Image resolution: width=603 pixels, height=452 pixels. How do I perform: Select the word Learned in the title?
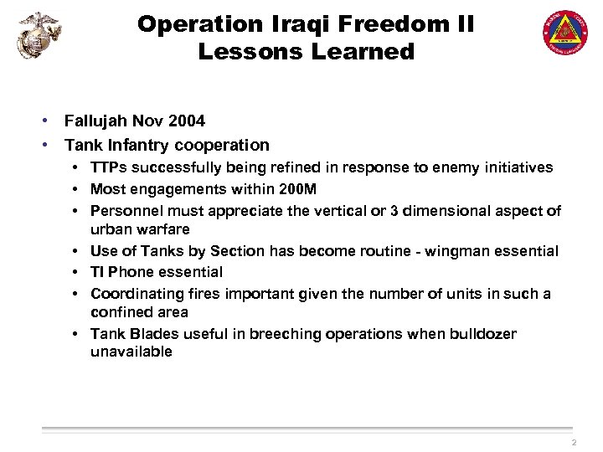pyautogui.click(x=363, y=52)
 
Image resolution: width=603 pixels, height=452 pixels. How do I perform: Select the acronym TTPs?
pyautogui.click(x=108, y=167)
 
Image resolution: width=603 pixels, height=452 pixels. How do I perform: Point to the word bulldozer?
pyautogui.click(x=479, y=334)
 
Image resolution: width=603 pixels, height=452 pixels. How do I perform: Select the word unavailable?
pyautogui.click(x=131, y=352)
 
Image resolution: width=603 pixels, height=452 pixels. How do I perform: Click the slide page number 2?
pyautogui.click(x=573, y=443)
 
